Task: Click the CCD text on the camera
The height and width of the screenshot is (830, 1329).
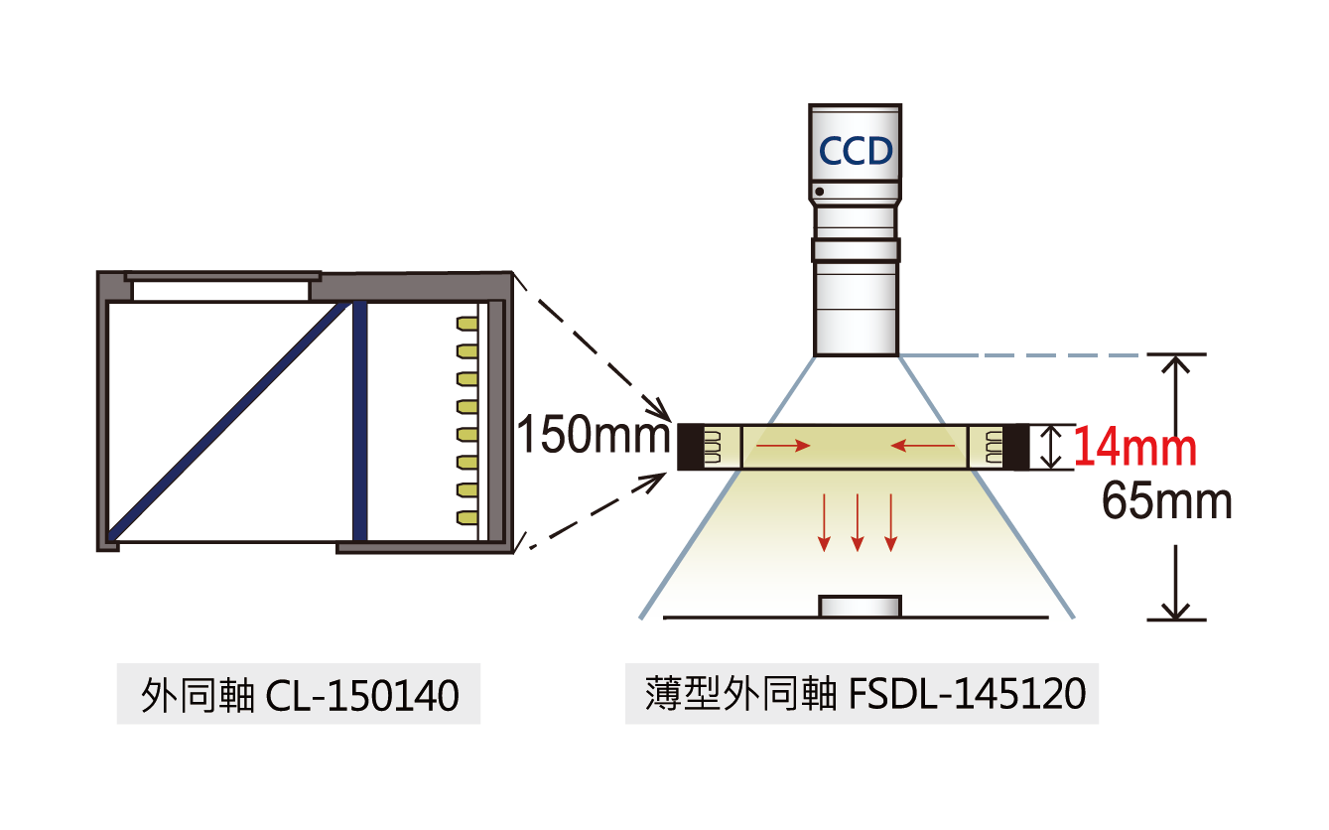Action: click(x=856, y=152)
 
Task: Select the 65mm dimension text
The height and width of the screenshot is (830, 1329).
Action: click(x=1166, y=502)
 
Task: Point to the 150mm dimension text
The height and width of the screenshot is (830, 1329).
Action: click(x=592, y=436)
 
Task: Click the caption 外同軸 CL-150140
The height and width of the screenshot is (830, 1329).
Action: click(x=299, y=696)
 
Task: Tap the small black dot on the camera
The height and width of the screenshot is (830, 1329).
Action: click(x=820, y=191)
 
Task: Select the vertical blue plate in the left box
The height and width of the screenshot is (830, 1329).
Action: click(x=360, y=422)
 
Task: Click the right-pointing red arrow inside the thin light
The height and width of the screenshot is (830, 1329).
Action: click(x=783, y=447)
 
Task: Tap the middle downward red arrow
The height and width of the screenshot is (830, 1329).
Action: click(x=858, y=522)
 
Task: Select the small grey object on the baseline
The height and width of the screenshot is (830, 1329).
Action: click(x=860, y=606)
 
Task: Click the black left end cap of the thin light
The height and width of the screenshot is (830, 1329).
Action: click(x=690, y=447)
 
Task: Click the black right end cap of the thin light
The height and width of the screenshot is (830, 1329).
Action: click(x=1018, y=447)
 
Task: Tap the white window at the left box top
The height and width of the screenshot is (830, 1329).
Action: click(x=220, y=291)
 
